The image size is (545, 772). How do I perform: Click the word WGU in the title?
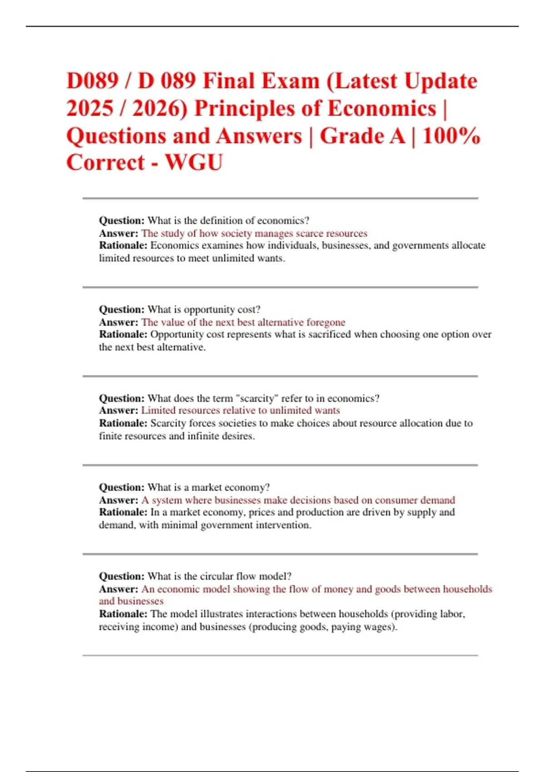(194, 163)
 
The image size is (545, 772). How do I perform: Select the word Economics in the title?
(382, 109)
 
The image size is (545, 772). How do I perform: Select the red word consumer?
(395, 500)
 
